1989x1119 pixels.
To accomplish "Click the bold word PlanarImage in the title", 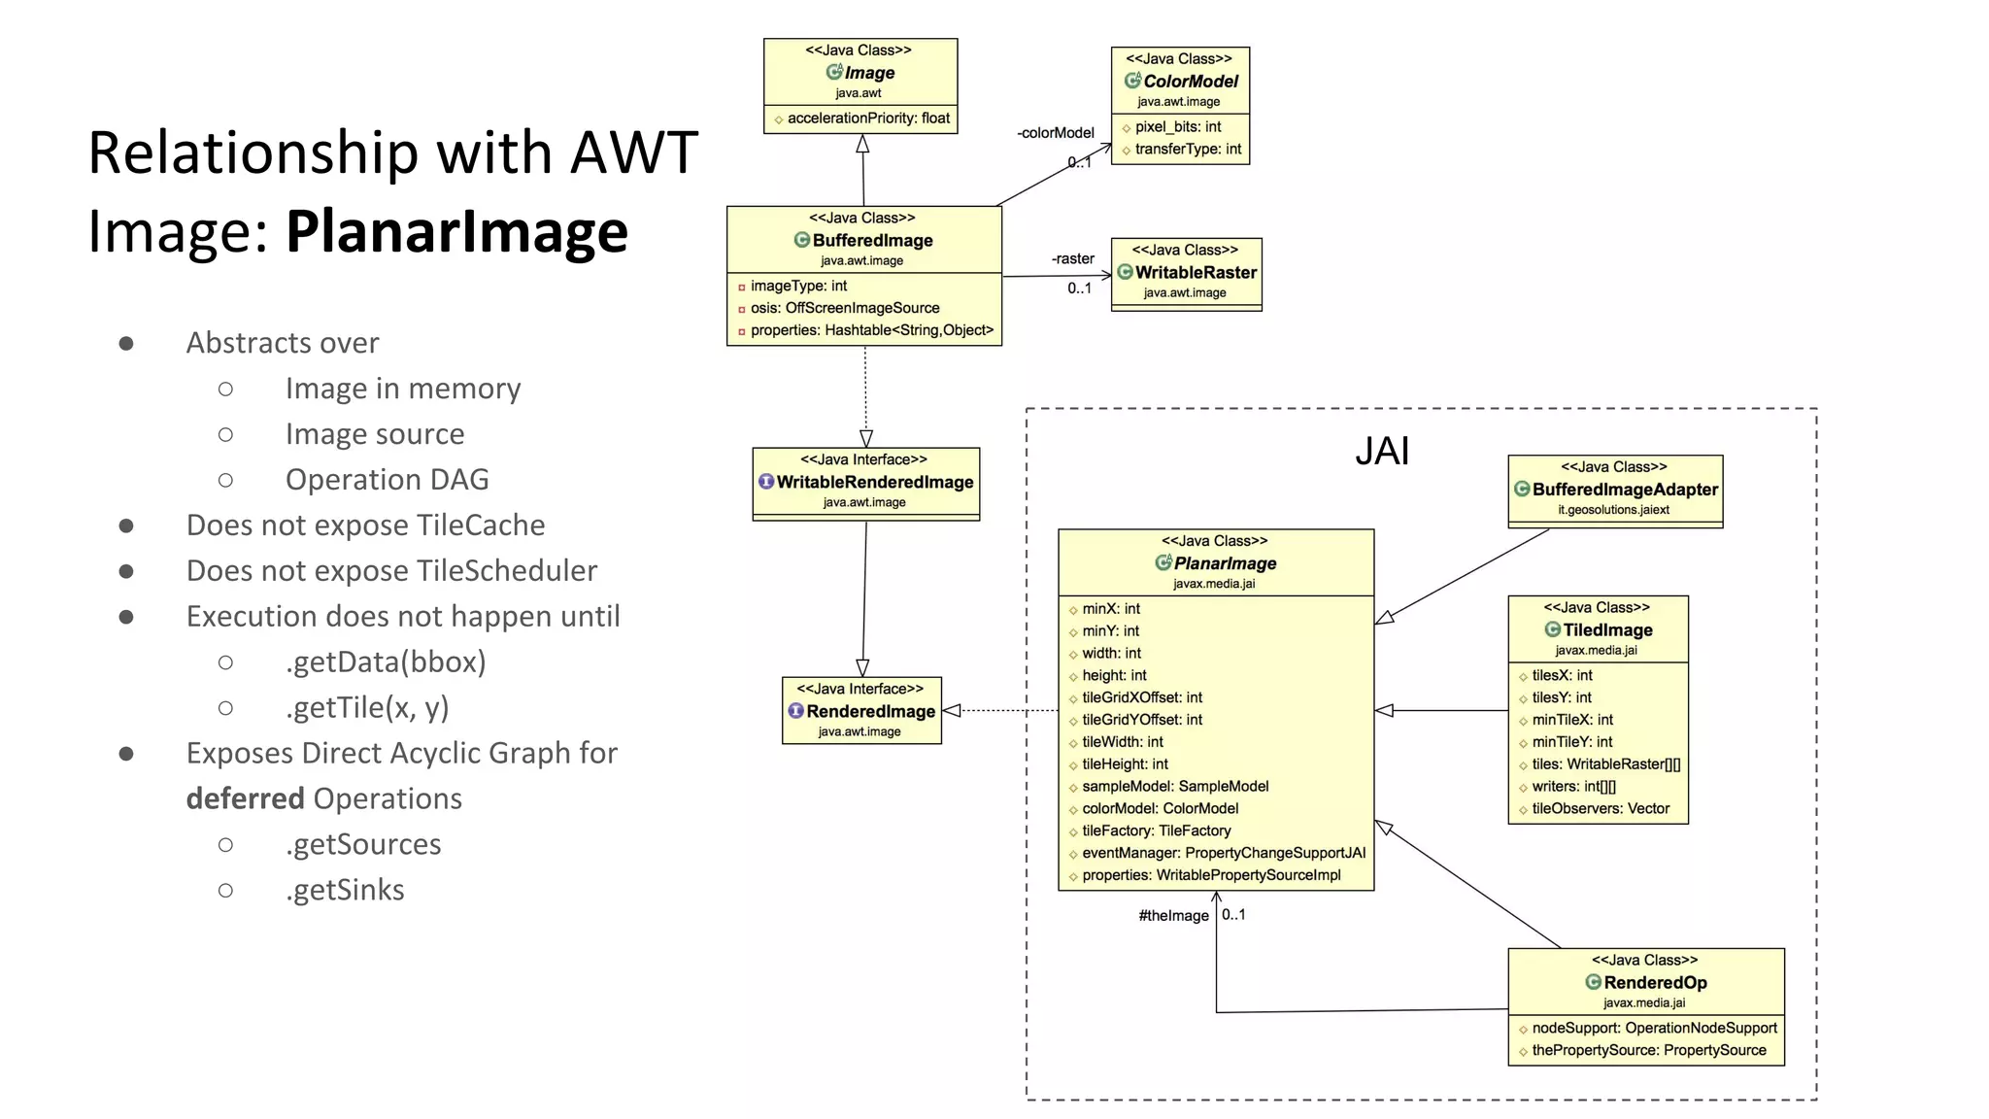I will click(x=456, y=231).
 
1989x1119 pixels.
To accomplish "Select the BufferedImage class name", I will click(x=872, y=240).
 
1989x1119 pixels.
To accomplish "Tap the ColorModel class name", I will click(x=1190, y=82).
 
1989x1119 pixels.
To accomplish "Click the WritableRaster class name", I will click(x=1196, y=273).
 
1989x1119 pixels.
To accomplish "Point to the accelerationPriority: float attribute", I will click(x=868, y=119).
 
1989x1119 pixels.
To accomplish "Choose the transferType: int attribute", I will click(x=1187, y=150).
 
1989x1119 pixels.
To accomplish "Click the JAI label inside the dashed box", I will click(x=1381, y=451).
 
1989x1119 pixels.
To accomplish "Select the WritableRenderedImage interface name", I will click(x=874, y=482).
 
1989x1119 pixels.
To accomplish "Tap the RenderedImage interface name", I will click(x=870, y=711).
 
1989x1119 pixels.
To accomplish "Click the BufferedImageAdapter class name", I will click(x=1625, y=490).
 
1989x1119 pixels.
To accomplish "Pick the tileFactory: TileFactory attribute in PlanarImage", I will click(x=1156, y=831).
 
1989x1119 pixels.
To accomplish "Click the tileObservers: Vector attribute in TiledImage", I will click(x=1600, y=808).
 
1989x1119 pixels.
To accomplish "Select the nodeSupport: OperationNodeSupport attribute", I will click(x=1654, y=1028).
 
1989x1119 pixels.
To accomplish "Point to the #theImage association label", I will click(x=1173, y=916).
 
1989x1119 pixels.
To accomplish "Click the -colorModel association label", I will click(x=1056, y=133).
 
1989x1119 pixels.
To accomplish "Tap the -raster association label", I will click(x=1072, y=258).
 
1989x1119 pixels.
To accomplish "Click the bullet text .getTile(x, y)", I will click(x=367, y=707).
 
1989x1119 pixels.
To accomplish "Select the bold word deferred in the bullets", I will click(x=245, y=798).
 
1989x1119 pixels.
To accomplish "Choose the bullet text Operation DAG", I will click(x=387, y=480).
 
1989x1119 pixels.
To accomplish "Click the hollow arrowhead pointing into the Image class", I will click(x=862, y=145).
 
